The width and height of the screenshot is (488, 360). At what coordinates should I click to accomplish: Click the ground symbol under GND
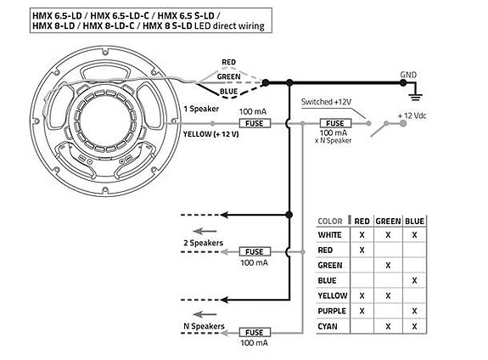416,97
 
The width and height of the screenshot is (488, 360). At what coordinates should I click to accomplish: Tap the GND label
408,75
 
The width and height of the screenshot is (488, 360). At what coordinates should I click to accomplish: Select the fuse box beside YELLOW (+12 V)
255,123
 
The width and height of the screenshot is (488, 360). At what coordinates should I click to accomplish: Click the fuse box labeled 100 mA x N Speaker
335,123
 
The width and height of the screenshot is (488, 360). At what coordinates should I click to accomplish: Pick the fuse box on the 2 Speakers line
255,251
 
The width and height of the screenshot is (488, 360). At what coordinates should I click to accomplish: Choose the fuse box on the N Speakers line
255,333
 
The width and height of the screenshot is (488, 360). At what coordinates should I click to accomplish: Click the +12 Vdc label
412,115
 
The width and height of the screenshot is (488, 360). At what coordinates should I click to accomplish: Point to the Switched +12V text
326,102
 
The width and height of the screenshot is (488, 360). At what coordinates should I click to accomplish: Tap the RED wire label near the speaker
229,62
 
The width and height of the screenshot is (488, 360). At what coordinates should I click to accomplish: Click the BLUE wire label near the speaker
229,92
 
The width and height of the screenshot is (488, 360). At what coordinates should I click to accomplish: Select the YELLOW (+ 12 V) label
211,134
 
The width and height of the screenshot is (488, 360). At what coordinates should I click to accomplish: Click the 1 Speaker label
201,109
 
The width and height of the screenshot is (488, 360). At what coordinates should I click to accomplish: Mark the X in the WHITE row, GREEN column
388,235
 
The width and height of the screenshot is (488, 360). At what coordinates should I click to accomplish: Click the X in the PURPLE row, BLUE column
414,311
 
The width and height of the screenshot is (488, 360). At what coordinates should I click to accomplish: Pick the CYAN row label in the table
328,326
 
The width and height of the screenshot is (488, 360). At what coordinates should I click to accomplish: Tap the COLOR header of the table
330,221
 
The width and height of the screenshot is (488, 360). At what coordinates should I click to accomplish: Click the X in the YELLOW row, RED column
362,295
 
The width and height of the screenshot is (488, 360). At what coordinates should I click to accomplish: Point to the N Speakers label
204,326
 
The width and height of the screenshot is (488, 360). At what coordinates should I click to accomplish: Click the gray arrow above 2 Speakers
205,231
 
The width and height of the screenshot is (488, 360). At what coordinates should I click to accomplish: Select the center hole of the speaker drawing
104,121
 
